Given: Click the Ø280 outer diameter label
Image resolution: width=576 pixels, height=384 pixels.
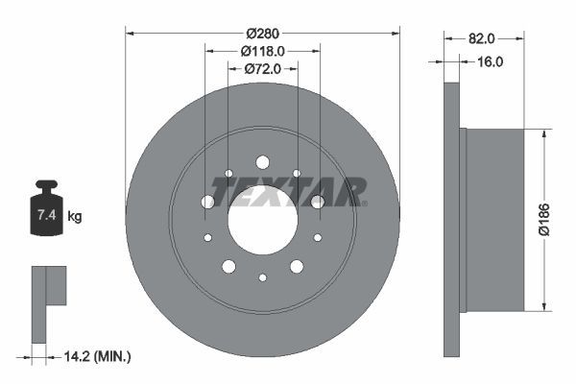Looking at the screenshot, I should [262, 33].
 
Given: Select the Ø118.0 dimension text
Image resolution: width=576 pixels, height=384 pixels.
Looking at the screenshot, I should [262, 51].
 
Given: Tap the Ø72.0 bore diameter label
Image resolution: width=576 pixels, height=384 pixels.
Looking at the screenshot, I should [262, 68].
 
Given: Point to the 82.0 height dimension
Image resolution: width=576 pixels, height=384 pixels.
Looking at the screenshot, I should [482, 38].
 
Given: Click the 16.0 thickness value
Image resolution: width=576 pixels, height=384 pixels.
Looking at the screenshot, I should [490, 60].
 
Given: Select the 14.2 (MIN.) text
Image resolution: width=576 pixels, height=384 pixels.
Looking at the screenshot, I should [95, 356].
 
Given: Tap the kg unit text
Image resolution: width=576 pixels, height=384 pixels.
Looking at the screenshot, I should [75, 216].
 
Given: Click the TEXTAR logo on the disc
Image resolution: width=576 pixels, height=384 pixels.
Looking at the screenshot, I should [288, 191].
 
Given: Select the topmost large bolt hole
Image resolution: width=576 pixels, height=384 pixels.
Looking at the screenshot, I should [262, 162].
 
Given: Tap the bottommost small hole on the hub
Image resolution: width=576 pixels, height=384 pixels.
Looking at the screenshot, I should [262, 277].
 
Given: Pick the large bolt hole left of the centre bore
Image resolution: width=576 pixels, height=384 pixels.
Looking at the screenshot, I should [207, 202].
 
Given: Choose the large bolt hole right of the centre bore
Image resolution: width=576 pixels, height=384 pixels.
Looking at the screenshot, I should [318, 202].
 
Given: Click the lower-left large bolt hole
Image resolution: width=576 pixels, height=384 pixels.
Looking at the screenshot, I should [228, 266].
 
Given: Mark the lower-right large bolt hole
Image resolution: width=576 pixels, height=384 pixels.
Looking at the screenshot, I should [297, 266].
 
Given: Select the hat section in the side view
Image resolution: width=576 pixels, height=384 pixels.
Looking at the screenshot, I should [493, 220].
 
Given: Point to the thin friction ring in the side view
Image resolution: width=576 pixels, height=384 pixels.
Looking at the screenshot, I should [451, 220].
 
